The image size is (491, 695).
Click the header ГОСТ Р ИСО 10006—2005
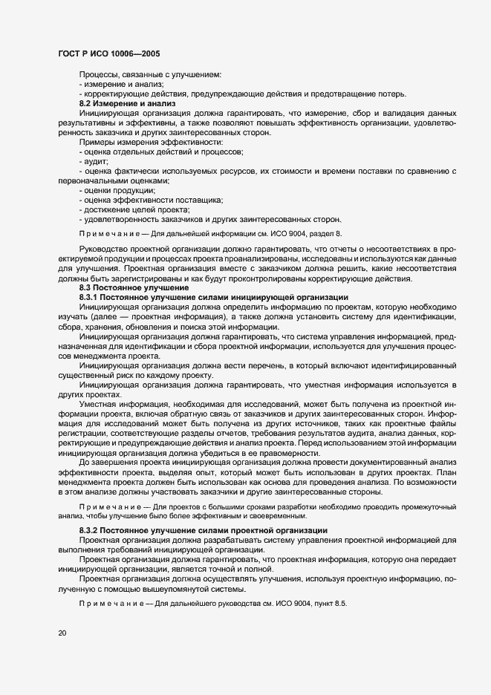(108, 54)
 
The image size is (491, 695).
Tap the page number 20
(62, 633)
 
